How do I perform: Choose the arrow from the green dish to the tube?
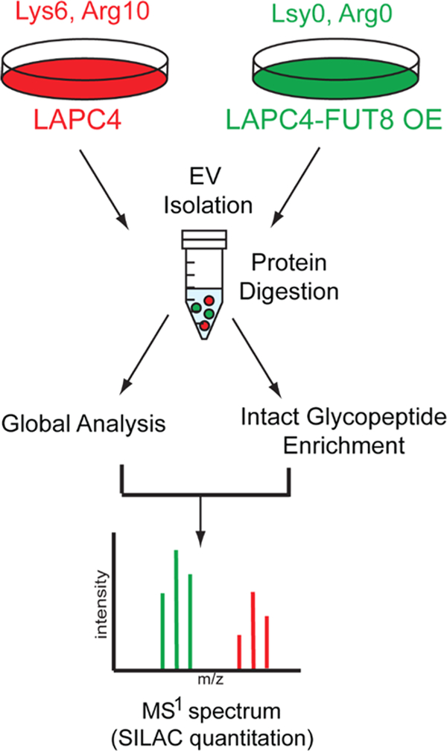pos(299,189)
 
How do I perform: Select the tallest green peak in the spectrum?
pos(177,610)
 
